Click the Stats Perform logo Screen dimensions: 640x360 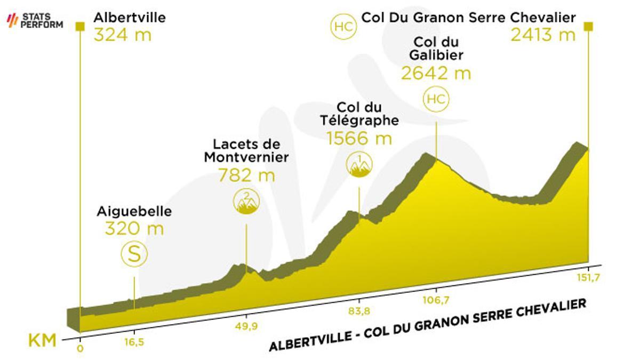[x=35, y=21]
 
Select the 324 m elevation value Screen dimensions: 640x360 [x=122, y=35]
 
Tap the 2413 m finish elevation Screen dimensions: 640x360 [x=543, y=35]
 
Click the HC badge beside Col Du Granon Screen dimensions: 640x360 [x=343, y=27]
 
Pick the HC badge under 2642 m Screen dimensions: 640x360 [x=436, y=99]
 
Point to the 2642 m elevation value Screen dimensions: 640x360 [x=436, y=73]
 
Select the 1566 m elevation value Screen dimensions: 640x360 [x=359, y=139]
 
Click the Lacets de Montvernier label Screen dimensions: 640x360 [x=246, y=151]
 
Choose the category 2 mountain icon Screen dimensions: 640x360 [x=246, y=201]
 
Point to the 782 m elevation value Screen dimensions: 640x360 [x=246, y=175]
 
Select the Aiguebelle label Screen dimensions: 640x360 [x=134, y=211]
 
